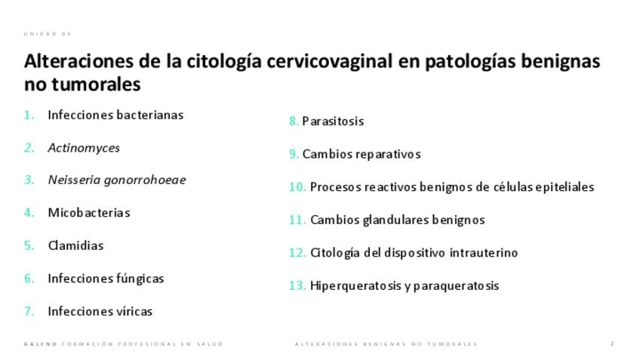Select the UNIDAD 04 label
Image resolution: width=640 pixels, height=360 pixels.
(x=48, y=34)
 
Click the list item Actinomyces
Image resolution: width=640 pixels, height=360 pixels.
(x=84, y=148)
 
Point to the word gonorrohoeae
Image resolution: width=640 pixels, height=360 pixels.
(x=145, y=180)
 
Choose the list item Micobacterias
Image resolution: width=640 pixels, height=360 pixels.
(x=89, y=213)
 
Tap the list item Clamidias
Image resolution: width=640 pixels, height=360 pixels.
(x=75, y=245)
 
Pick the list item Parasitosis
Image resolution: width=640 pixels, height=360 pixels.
(x=333, y=122)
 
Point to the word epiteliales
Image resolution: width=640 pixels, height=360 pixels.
(x=565, y=187)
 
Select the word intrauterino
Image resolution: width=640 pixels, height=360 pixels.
(x=484, y=253)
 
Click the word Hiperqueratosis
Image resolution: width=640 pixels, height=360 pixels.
(x=355, y=286)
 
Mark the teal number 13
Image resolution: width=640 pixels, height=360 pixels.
(x=297, y=286)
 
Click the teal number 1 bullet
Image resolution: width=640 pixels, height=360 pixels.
(x=29, y=115)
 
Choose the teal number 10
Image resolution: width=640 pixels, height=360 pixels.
(x=297, y=187)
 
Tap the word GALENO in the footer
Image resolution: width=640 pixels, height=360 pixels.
(x=41, y=344)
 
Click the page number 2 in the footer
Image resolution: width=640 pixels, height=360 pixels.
(x=612, y=344)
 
